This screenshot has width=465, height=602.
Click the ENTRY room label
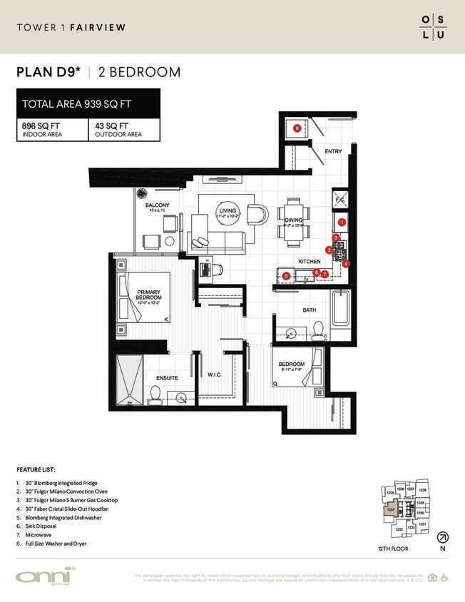point(333,151)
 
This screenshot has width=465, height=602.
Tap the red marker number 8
point(297,128)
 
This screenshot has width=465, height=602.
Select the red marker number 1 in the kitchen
point(342,223)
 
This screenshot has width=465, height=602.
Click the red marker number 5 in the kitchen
point(285,275)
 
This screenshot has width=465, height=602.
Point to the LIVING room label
point(227,210)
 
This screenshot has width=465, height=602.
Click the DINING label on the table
point(294,220)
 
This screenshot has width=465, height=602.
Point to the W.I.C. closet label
point(216,376)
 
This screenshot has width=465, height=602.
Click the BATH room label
point(310,310)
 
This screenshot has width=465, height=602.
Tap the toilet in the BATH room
point(319,329)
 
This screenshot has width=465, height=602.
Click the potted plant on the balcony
point(141,193)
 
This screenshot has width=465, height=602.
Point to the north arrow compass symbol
point(443,537)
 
